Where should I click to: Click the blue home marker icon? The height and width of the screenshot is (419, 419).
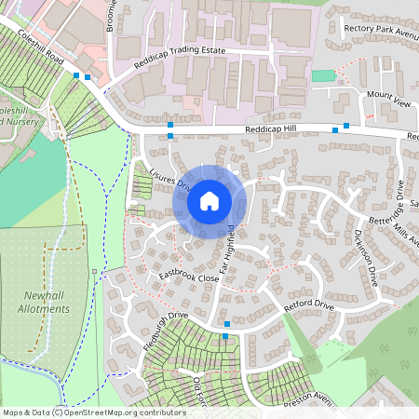pos(209,200)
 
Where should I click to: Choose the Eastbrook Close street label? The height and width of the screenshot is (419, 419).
pos(188,277)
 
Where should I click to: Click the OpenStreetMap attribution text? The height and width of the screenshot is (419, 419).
pos(93,412)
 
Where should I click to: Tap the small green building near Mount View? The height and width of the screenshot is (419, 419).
pos(322,75)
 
